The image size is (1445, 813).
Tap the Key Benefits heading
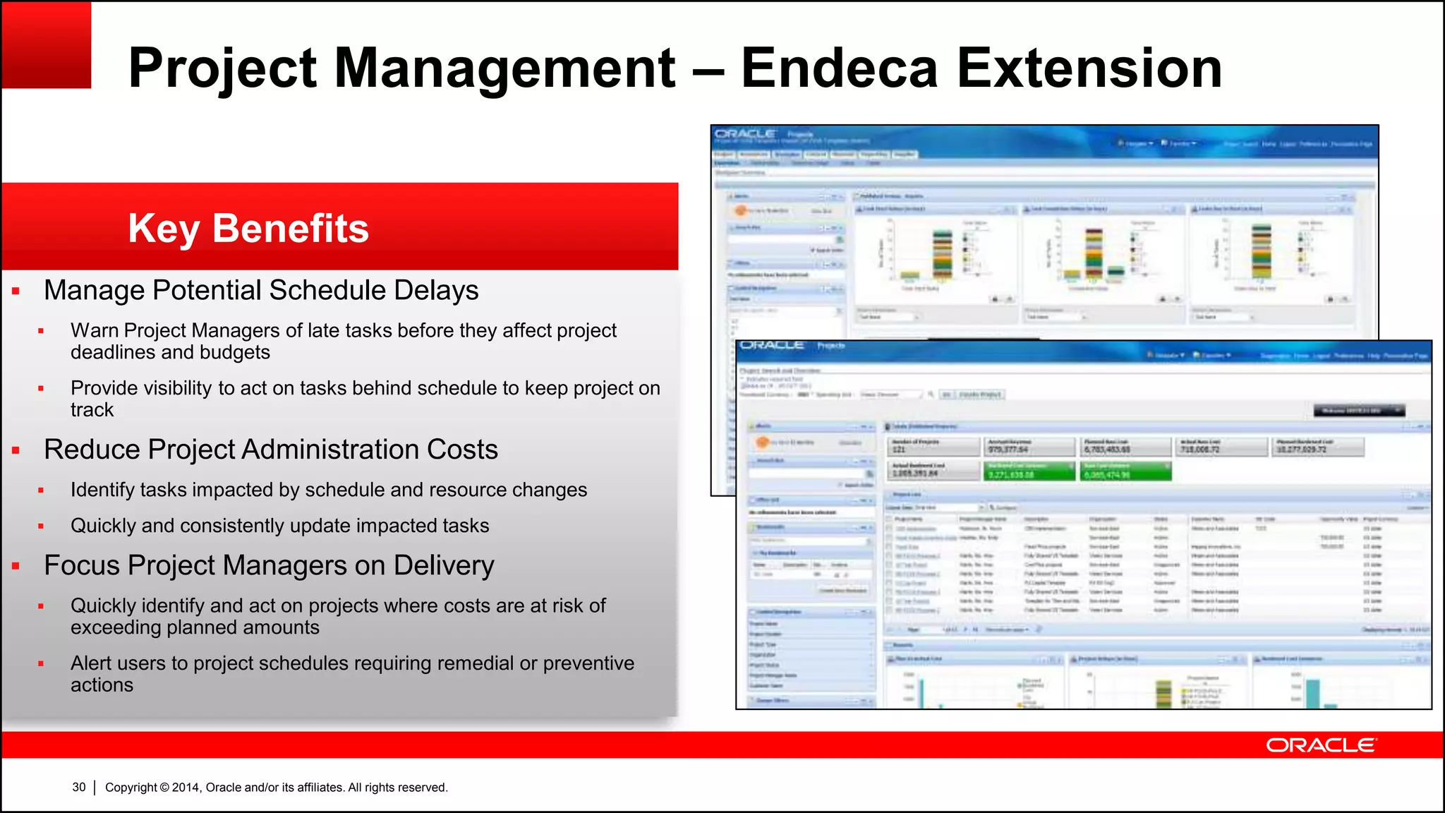(248, 228)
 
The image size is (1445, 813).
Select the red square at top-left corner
(47, 45)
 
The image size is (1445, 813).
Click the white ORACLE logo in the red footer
(1320, 745)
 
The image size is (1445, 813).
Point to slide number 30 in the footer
(79, 787)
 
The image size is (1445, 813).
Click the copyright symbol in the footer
(164, 788)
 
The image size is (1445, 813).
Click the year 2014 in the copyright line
(186, 788)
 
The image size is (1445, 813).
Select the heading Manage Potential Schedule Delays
(261, 290)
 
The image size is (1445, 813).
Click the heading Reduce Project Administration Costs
(271, 450)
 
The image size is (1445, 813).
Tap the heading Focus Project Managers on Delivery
(269, 565)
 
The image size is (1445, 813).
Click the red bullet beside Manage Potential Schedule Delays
(16, 291)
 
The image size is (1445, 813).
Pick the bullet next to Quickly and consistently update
(41, 526)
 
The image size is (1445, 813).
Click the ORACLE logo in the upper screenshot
(745, 133)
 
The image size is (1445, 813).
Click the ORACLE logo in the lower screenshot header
(772, 345)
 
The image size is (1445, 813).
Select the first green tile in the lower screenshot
(1029, 471)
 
